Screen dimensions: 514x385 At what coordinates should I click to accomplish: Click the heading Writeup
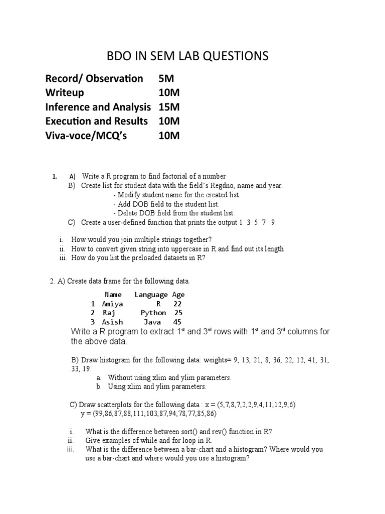point(65,92)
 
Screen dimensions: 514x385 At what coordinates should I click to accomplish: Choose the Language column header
point(151,295)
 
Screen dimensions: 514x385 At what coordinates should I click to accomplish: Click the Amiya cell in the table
point(112,304)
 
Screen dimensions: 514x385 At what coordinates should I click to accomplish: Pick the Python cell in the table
point(153,313)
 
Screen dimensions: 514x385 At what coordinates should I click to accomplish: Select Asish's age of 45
point(177,322)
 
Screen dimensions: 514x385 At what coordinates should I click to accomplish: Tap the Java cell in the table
point(152,322)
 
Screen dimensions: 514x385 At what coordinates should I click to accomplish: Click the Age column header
point(178,295)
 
